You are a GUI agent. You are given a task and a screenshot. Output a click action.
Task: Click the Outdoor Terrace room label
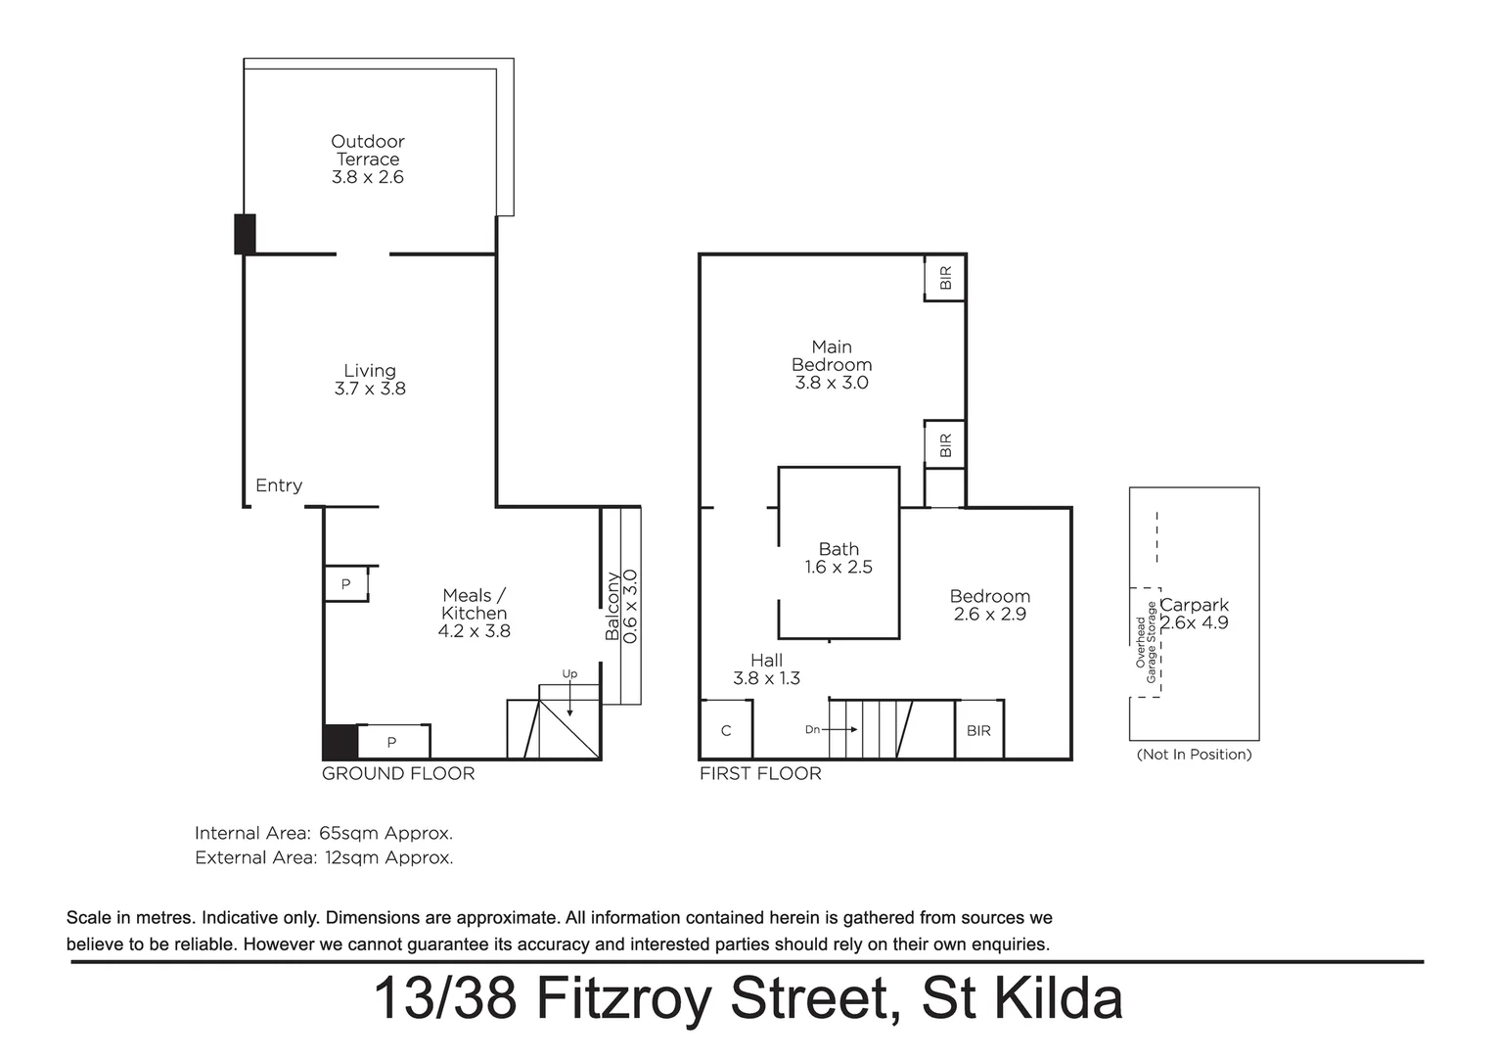[x=367, y=159]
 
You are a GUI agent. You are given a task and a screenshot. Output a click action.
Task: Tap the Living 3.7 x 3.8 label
[x=370, y=380]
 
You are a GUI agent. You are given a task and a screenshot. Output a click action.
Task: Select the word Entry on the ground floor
[x=279, y=485]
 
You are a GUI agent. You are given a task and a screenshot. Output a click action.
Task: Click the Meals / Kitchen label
[x=474, y=613]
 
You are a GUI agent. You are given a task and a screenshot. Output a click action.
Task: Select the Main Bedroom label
[x=832, y=364]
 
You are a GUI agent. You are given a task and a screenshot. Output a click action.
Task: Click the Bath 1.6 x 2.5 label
[x=839, y=558]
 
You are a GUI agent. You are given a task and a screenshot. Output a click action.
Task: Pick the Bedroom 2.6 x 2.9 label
[x=989, y=605]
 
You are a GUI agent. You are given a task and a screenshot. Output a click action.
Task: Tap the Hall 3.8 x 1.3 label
[x=766, y=669]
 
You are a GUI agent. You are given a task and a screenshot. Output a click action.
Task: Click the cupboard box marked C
[x=726, y=730]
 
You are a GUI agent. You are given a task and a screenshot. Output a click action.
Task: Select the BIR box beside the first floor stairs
[x=978, y=730]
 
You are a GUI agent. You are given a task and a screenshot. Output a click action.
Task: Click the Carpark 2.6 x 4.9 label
[x=1194, y=614]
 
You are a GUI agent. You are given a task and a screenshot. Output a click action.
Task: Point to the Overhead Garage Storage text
[x=1146, y=642]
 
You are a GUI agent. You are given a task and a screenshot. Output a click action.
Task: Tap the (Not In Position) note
[x=1194, y=755]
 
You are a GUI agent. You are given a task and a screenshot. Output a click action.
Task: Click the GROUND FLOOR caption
[x=398, y=774]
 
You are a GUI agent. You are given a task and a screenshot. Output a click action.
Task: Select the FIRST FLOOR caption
[x=760, y=774]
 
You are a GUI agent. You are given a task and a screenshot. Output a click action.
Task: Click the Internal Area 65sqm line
[x=324, y=834]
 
